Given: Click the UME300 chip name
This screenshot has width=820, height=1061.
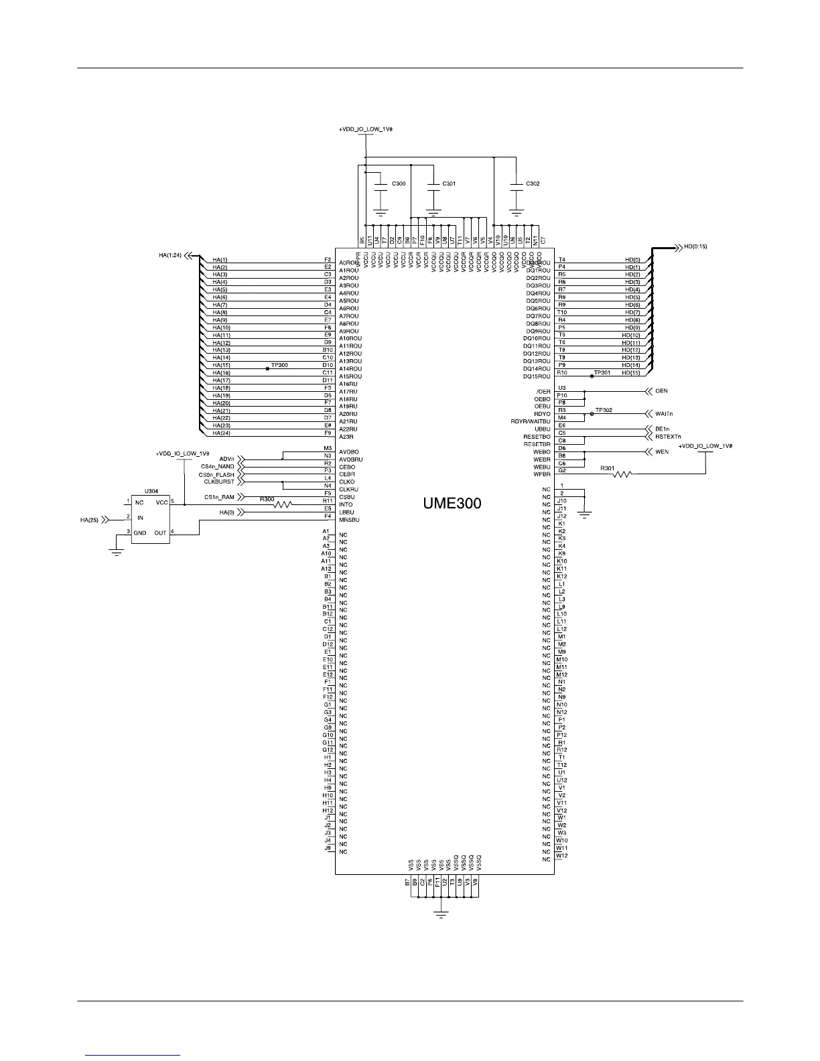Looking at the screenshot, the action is tap(452, 503).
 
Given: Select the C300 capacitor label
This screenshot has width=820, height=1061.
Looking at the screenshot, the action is tap(398, 184).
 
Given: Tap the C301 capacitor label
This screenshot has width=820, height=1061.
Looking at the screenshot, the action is tap(449, 184).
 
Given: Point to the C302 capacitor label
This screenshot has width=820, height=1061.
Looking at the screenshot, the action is tap(533, 184).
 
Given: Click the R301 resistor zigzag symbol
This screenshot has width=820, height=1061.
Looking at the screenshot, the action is tap(622, 475).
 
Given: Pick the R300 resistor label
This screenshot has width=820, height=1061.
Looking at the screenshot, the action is tap(267, 499).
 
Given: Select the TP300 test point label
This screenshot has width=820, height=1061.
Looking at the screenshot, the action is tap(279, 365).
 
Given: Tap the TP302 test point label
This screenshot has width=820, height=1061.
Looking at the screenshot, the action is tap(604, 409).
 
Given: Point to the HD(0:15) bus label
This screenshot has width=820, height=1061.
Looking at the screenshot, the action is tap(695, 246).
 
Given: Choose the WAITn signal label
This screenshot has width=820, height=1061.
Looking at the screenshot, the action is tap(664, 414).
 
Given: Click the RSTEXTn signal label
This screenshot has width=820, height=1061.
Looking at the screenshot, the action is tap(668, 437).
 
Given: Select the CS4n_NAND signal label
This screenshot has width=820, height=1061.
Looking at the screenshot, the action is tap(217, 466).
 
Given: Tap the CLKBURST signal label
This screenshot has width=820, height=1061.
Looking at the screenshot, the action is tap(219, 482).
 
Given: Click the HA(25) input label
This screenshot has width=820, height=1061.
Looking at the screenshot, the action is tap(89, 518).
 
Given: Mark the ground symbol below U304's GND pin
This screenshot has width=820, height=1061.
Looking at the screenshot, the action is tap(117, 552).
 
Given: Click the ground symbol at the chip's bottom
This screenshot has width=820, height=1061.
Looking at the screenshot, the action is tap(440, 914).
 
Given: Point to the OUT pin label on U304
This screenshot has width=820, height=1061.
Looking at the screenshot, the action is tap(160, 533).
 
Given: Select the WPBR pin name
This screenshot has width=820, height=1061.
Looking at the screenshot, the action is tap(542, 475).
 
